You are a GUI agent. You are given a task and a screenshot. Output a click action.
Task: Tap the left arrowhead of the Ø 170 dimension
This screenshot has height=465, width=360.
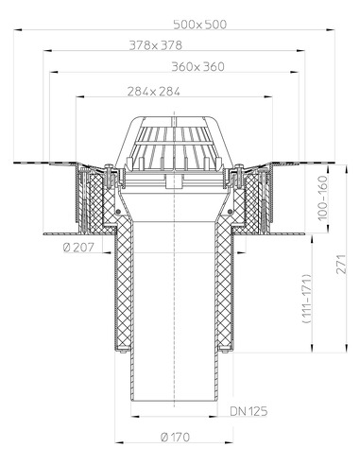[x=118, y=442]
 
